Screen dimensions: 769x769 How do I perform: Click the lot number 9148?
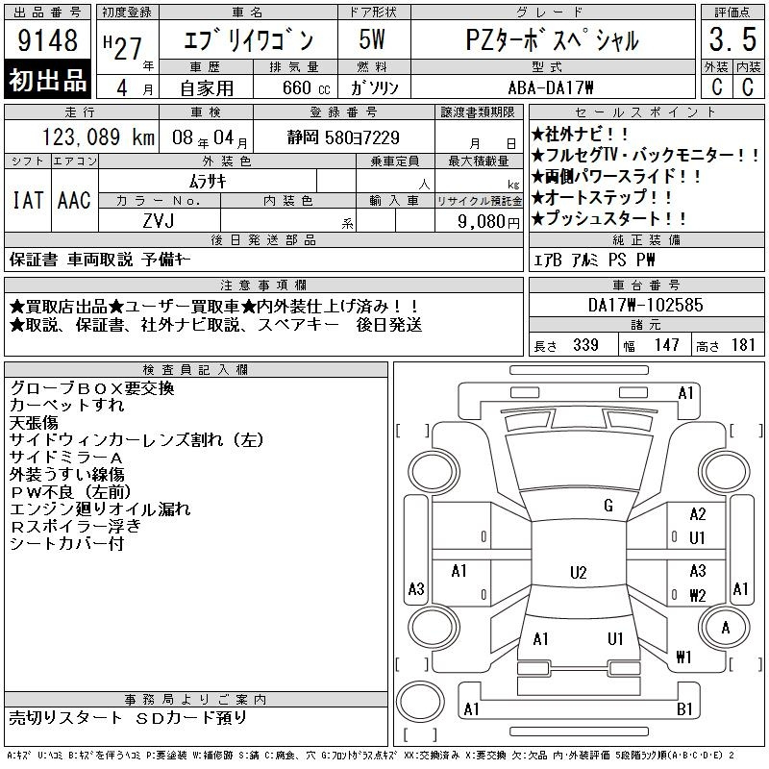point(47,39)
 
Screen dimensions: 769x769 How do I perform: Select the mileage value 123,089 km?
point(98,136)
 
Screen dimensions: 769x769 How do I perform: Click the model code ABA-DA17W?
point(551,87)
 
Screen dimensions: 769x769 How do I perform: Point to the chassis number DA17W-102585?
point(645,305)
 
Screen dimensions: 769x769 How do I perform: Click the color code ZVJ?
point(159,221)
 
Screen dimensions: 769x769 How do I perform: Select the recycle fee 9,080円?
point(488,222)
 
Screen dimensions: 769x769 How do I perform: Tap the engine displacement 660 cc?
point(306,87)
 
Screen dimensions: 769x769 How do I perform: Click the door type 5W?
point(372,39)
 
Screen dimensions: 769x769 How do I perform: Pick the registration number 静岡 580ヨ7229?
point(343,137)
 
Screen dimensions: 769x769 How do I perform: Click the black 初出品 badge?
point(47,79)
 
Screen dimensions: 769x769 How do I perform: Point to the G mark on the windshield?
point(608,506)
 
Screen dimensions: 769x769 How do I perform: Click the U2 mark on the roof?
point(579,572)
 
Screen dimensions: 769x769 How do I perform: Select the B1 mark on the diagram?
point(684,708)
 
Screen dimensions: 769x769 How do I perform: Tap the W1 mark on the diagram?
point(683,657)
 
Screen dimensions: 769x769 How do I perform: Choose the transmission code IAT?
point(28,200)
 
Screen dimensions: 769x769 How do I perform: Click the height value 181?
point(743,345)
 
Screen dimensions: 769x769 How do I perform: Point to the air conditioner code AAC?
point(74,200)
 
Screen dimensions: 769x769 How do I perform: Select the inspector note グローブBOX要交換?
point(92,388)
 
